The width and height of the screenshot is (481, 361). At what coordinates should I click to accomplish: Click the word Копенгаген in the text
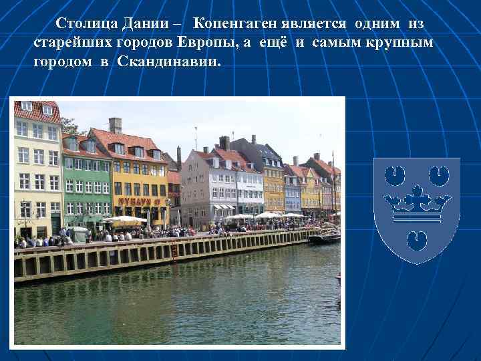point(233,23)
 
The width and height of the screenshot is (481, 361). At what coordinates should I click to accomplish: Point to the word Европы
point(228,42)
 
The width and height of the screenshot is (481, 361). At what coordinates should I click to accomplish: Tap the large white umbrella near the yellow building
point(125,219)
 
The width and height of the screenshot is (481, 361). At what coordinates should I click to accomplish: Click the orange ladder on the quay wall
point(174,250)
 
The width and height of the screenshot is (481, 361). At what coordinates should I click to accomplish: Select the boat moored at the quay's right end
point(325,237)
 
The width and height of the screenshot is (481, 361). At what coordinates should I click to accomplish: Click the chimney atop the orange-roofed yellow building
point(115,125)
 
